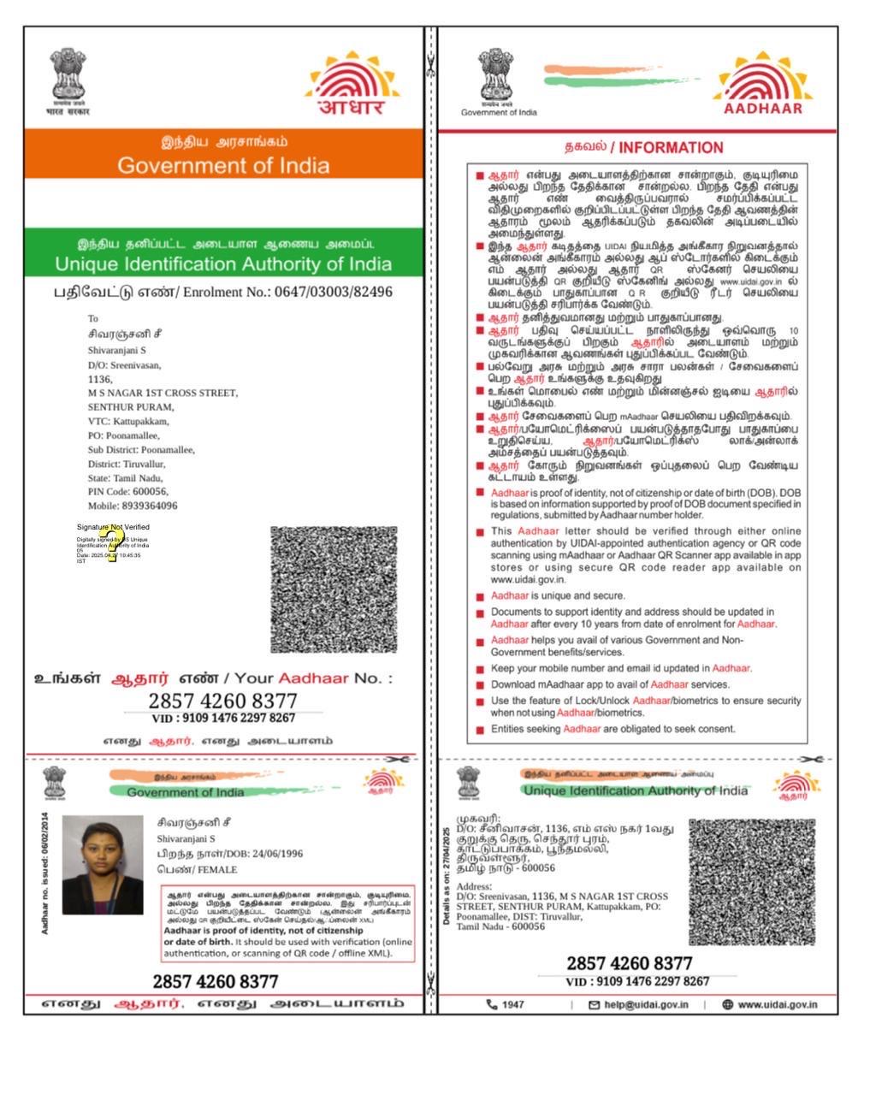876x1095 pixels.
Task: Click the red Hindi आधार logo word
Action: tap(351, 107)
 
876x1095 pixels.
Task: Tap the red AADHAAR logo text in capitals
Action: tap(763, 109)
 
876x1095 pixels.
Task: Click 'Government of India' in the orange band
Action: tap(223, 165)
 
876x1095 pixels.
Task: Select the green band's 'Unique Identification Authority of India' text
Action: tap(223, 263)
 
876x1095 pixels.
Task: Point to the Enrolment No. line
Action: tap(223, 292)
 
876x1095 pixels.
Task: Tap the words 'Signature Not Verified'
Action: tap(113, 527)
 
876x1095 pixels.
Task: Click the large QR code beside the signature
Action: tap(334, 589)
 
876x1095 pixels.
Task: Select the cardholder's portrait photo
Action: tap(103, 865)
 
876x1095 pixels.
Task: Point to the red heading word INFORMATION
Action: tap(672, 147)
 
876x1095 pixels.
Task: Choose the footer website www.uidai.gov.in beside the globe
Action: tap(777, 1004)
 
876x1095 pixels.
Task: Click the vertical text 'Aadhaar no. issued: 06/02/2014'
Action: tap(44, 873)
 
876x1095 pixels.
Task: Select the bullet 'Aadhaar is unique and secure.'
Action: tap(558, 595)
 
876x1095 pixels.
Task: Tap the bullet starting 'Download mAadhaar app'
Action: tap(610, 684)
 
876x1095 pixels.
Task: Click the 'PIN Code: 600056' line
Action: tap(128, 492)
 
